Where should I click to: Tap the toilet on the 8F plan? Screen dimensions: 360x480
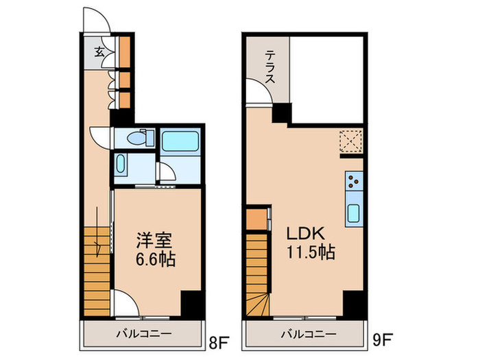140,138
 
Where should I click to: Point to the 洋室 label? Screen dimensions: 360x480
154,241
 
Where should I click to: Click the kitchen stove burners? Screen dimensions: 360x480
354,182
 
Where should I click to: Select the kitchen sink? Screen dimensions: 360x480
353,213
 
